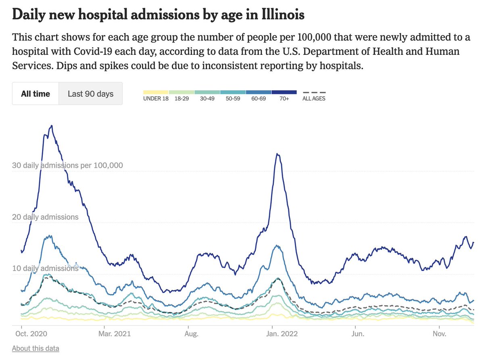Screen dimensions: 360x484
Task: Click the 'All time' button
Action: click(x=35, y=94)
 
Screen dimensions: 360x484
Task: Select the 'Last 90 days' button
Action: click(x=90, y=94)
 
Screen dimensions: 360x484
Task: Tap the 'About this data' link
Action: click(x=35, y=348)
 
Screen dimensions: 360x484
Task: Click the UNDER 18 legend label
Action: click(x=156, y=98)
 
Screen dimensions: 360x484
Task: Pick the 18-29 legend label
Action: click(x=181, y=98)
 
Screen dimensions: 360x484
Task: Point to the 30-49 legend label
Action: click(x=207, y=98)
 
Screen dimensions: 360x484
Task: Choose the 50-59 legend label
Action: click(x=233, y=98)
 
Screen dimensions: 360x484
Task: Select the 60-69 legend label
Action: click(x=259, y=98)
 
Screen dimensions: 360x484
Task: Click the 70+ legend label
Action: click(x=284, y=98)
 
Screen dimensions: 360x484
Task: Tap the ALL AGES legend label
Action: click(x=314, y=98)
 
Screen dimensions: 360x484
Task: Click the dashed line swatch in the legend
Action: click(x=314, y=92)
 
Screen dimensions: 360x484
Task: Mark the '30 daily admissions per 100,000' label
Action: click(x=67, y=165)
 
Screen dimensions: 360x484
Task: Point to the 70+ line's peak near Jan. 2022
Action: click(x=277, y=154)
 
